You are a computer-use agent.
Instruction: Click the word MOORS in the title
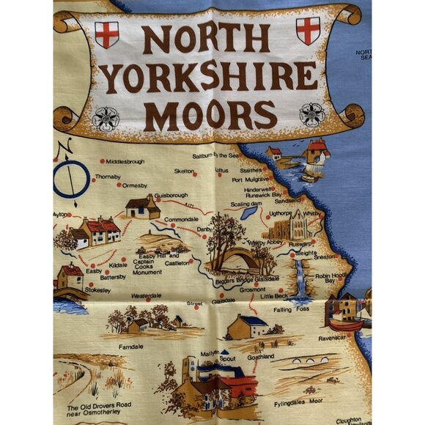[x=214, y=114]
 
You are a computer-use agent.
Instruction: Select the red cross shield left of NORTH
[x=107, y=34]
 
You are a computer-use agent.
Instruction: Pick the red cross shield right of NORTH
[x=307, y=31]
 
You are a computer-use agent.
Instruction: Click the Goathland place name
[x=260, y=356]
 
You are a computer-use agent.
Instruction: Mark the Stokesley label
[x=97, y=289]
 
